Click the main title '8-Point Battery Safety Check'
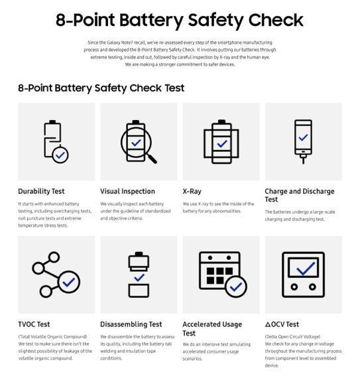click(180, 20)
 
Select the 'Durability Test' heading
click(41, 192)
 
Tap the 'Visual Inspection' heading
click(127, 192)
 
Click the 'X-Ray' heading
click(192, 192)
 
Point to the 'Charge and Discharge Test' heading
click(299, 195)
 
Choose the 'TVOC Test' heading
click(34, 324)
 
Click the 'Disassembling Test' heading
click(131, 324)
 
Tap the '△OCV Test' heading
click(282, 324)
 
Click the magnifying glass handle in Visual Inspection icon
click(150, 157)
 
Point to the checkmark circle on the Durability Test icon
click(60, 155)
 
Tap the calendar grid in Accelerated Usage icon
click(217, 273)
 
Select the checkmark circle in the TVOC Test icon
click(68, 283)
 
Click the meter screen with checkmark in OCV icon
click(303, 268)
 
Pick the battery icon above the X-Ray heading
click(221, 141)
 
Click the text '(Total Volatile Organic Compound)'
click(52, 337)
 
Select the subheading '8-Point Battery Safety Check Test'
click(101, 88)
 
